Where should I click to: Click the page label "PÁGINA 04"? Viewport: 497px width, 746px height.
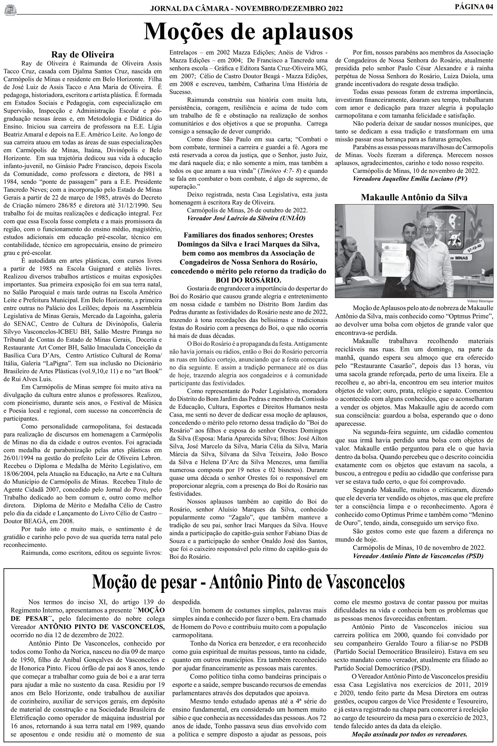(x=474, y=7)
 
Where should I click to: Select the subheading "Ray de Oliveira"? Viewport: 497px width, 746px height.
(x=83, y=55)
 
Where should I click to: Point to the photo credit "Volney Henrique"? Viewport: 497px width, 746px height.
(x=480, y=301)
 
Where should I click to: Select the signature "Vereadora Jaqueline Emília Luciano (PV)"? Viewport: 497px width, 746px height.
(x=410, y=179)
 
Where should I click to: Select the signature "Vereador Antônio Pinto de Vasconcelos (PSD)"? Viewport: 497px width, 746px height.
(x=418, y=556)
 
